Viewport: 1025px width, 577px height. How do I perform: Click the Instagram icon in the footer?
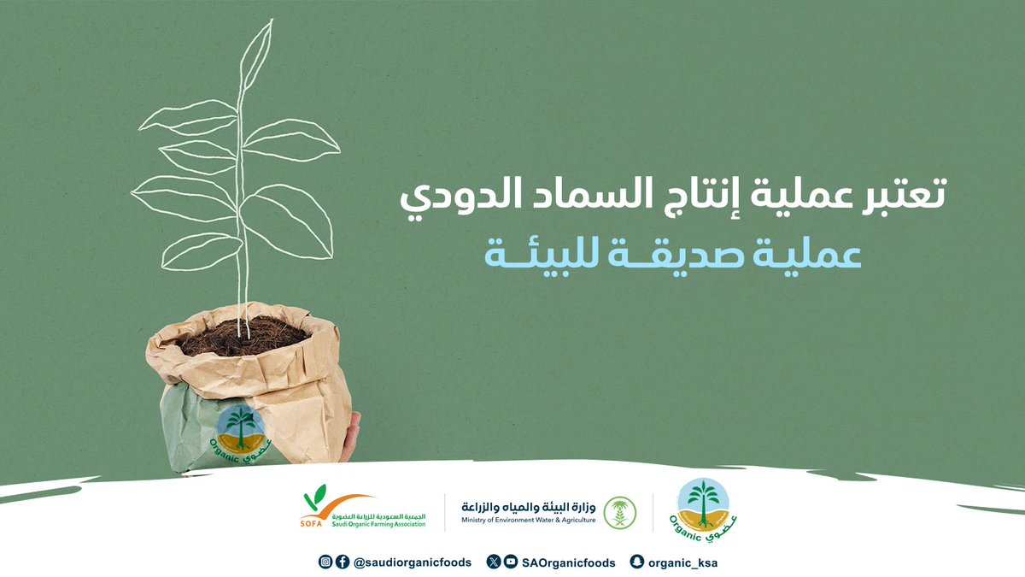pos(325,562)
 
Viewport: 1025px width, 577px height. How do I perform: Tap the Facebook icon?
pos(342,562)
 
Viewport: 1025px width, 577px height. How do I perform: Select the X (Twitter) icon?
pos(494,562)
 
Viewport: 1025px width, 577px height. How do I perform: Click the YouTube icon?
pos(510,562)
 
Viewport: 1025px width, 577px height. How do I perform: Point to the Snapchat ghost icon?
pos(635,562)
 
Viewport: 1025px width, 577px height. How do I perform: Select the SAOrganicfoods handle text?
pos(569,562)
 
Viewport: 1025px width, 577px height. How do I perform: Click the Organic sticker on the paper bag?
pos(241,433)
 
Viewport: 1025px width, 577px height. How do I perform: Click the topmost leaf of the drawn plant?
pos(255,51)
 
